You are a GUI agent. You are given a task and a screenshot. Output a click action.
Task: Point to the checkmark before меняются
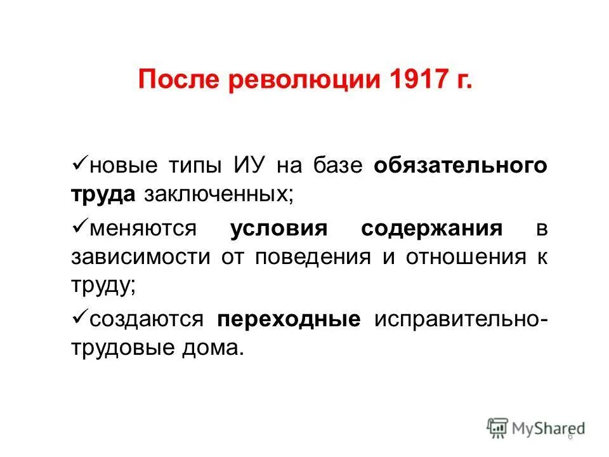80,227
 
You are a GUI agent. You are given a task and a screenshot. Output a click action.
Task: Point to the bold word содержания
432,228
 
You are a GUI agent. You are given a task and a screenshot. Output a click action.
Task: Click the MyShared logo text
547,428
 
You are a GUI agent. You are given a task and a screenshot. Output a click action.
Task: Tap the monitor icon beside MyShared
499,427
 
